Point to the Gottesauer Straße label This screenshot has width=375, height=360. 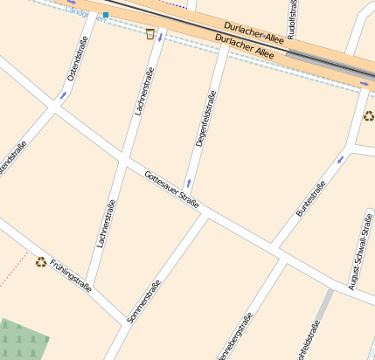click(172, 190)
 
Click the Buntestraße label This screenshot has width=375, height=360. click(310, 198)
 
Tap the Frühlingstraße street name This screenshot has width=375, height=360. click(71, 273)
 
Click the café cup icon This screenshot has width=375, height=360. click(150, 34)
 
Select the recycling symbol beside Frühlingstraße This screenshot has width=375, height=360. click(40, 260)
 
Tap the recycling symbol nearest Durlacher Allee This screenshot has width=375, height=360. click(368, 115)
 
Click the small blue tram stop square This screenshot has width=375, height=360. click(106, 15)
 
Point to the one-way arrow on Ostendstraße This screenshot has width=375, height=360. click(63, 93)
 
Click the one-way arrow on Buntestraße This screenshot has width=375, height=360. click(340, 159)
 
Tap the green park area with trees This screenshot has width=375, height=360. click(19, 338)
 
